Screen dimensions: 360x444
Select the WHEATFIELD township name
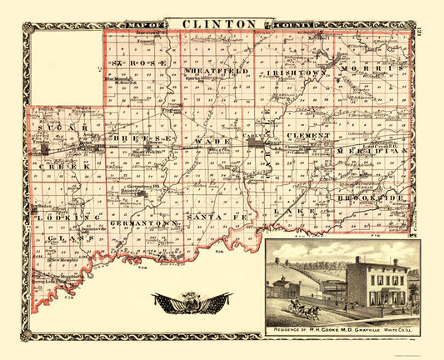209,73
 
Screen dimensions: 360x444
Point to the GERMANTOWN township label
148,223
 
